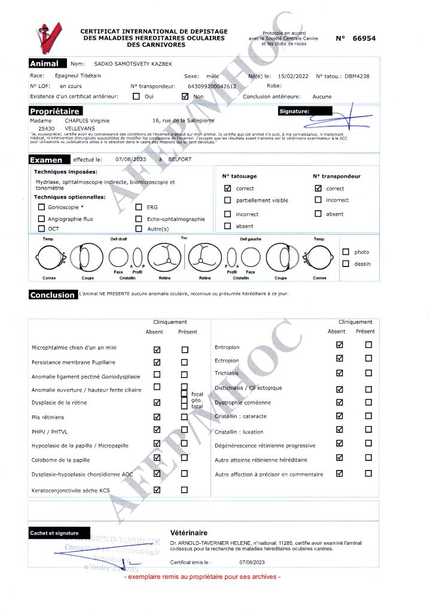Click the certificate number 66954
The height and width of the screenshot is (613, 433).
(x=364, y=38)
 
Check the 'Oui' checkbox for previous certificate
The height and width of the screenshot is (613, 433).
(x=136, y=96)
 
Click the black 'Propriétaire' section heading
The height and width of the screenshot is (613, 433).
(x=54, y=111)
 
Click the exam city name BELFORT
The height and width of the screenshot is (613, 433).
(x=179, y=160)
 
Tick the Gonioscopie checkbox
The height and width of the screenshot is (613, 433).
(x=41, y=207)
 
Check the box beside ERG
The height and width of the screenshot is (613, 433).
(x=139, y=207)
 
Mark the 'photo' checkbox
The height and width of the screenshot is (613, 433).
(x=346, y=252)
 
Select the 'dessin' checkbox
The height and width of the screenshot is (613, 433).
(x=346, y=263)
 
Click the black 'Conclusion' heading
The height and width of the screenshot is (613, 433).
(x=53, y=295)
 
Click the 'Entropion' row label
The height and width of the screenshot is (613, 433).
(x=227, y=347)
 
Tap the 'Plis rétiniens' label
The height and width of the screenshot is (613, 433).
(x=48, y=417)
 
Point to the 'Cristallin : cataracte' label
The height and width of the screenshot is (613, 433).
(x=240, y=416)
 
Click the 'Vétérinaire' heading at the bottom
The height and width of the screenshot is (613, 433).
(x=188, y=532)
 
